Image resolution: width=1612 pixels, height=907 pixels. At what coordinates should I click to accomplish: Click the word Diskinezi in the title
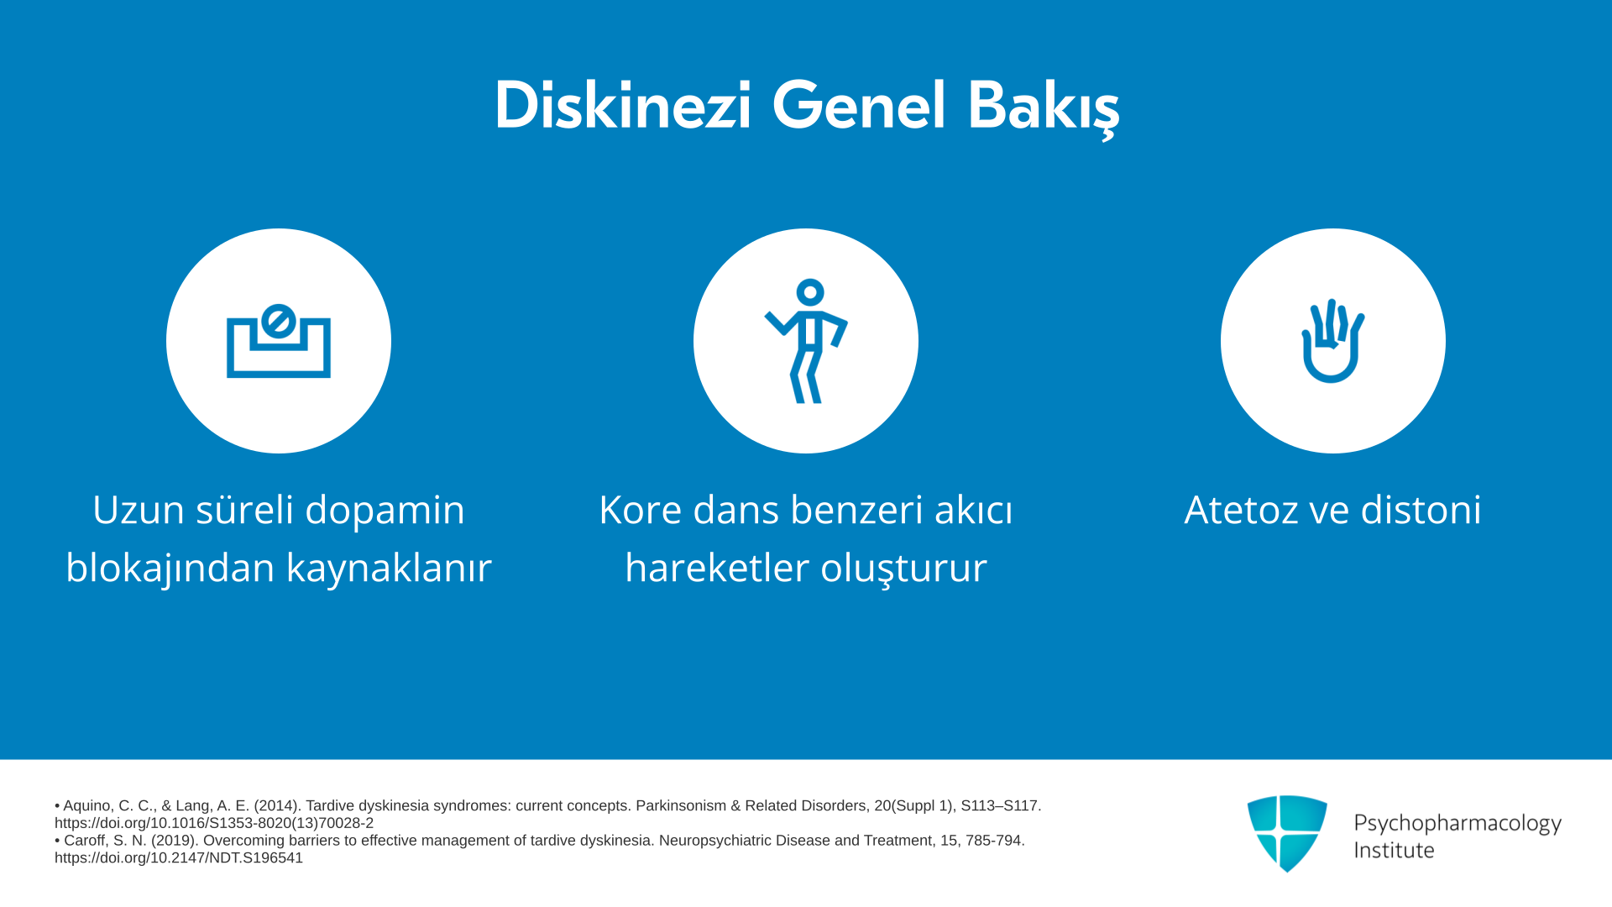tap(622, 106)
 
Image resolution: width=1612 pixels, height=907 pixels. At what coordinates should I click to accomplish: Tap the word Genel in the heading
tap(859, 106)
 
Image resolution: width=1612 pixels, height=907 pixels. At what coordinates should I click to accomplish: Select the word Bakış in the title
tap(1044, 108)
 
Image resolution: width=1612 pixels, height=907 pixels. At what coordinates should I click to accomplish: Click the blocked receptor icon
tap(279, 341)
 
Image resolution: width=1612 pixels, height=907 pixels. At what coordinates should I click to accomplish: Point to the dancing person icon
tap(806, 341)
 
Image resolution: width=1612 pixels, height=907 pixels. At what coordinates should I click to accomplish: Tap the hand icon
tap(1333, 341)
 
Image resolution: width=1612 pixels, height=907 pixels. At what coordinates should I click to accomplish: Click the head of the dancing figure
tap(810, 292)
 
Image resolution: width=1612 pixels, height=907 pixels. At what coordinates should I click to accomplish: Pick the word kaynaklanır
tap(389, 567)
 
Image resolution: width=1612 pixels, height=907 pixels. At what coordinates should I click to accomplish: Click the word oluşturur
tap(903, 569)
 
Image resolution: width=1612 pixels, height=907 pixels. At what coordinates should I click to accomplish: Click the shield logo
tap(1287, 833)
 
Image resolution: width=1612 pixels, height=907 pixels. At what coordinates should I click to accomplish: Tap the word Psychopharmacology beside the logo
tap(1458, 824)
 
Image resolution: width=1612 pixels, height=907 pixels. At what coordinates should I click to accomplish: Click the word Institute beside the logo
tap(1394, 850)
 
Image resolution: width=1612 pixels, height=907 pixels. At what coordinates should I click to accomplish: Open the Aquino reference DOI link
tap(214, 823)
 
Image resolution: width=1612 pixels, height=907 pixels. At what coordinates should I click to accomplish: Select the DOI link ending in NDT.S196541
tap(179, 857)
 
